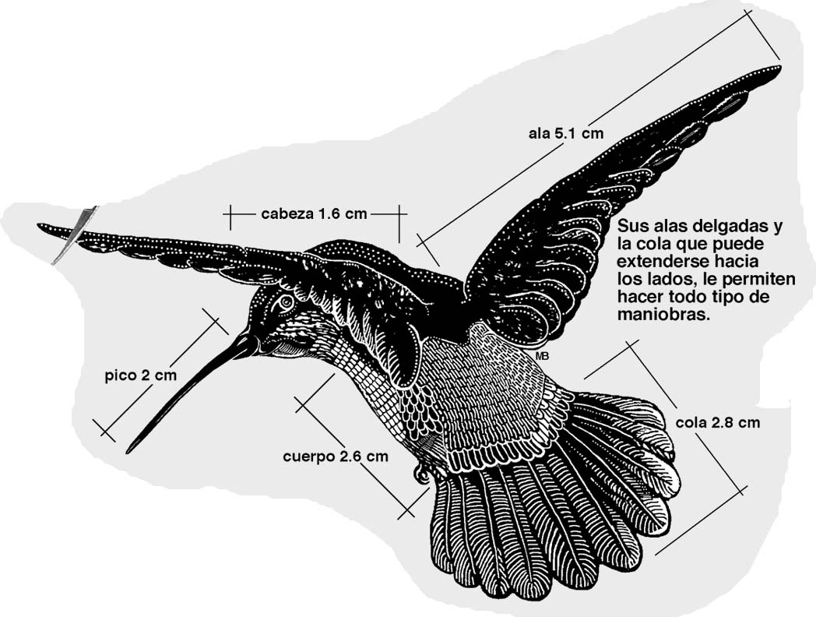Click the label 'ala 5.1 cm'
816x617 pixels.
[566, 133]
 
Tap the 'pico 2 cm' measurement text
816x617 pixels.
[141, 375]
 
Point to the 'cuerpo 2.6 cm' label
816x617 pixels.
[335, 457]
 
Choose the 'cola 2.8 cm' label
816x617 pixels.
[717, 423]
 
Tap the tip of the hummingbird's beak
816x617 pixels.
[128, 451]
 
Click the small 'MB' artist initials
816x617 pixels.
[543, 356]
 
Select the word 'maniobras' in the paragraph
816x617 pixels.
[663, 317]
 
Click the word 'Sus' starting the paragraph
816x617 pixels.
[629, 228]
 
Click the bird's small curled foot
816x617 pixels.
[421, 472]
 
